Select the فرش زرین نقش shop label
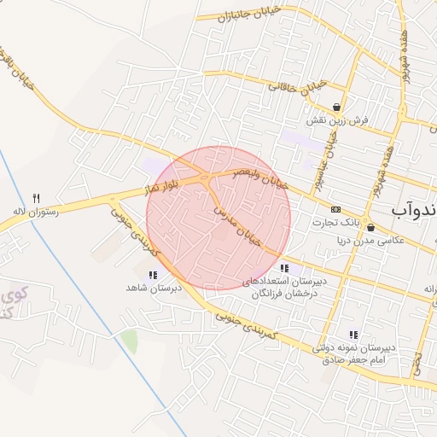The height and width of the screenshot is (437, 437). [340, 120]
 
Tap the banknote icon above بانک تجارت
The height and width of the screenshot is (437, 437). [335, 209]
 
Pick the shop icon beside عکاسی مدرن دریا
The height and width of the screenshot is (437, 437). [370, 227]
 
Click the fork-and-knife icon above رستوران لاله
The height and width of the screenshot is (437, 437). [36, 198]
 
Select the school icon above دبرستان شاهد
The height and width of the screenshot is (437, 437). [153, 275]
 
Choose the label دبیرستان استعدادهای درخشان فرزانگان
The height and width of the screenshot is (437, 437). [283, 287]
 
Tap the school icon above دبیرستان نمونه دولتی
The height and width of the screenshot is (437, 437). [353, 335]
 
